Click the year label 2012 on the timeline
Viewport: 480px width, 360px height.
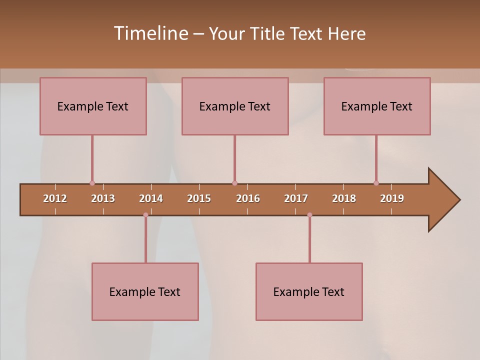(55, 198)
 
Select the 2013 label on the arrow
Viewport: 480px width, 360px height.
(103, 198)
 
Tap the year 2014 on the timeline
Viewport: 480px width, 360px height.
(151, 198)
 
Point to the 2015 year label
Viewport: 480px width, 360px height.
(199, 198)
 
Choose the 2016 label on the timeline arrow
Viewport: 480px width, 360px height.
(248, 198)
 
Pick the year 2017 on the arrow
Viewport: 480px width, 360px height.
(296, 198)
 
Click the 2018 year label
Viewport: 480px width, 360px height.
(344, 198)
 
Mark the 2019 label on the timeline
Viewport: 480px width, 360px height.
(392, 198)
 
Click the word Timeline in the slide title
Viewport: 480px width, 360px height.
(150, 33)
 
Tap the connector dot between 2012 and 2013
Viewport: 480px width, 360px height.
(92, 183)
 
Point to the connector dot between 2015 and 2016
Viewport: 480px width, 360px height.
(234, 183)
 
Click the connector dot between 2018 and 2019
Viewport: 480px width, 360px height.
(376, 183)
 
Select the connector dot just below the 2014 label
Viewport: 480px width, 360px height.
(145, 215)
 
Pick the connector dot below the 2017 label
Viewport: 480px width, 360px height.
(309, 215)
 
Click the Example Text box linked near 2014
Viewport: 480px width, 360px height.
(145, 291)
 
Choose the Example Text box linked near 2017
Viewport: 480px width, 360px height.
(309, 291)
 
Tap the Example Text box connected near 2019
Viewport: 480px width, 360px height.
(377, 106)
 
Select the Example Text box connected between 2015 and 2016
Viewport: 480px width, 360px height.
(235, 106)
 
